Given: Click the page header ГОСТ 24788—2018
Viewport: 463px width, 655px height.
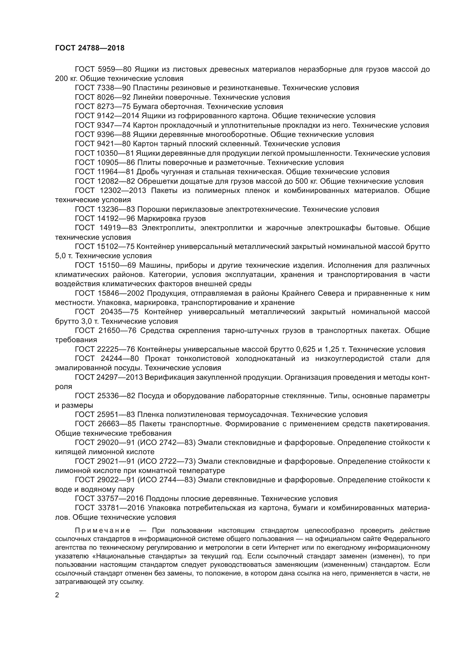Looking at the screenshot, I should point(90,48).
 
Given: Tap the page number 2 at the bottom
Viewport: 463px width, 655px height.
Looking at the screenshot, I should point(57,595).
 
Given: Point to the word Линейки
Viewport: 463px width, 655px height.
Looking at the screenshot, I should point(149,97).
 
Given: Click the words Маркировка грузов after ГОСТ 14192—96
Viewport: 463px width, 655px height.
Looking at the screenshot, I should point(171,218).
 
